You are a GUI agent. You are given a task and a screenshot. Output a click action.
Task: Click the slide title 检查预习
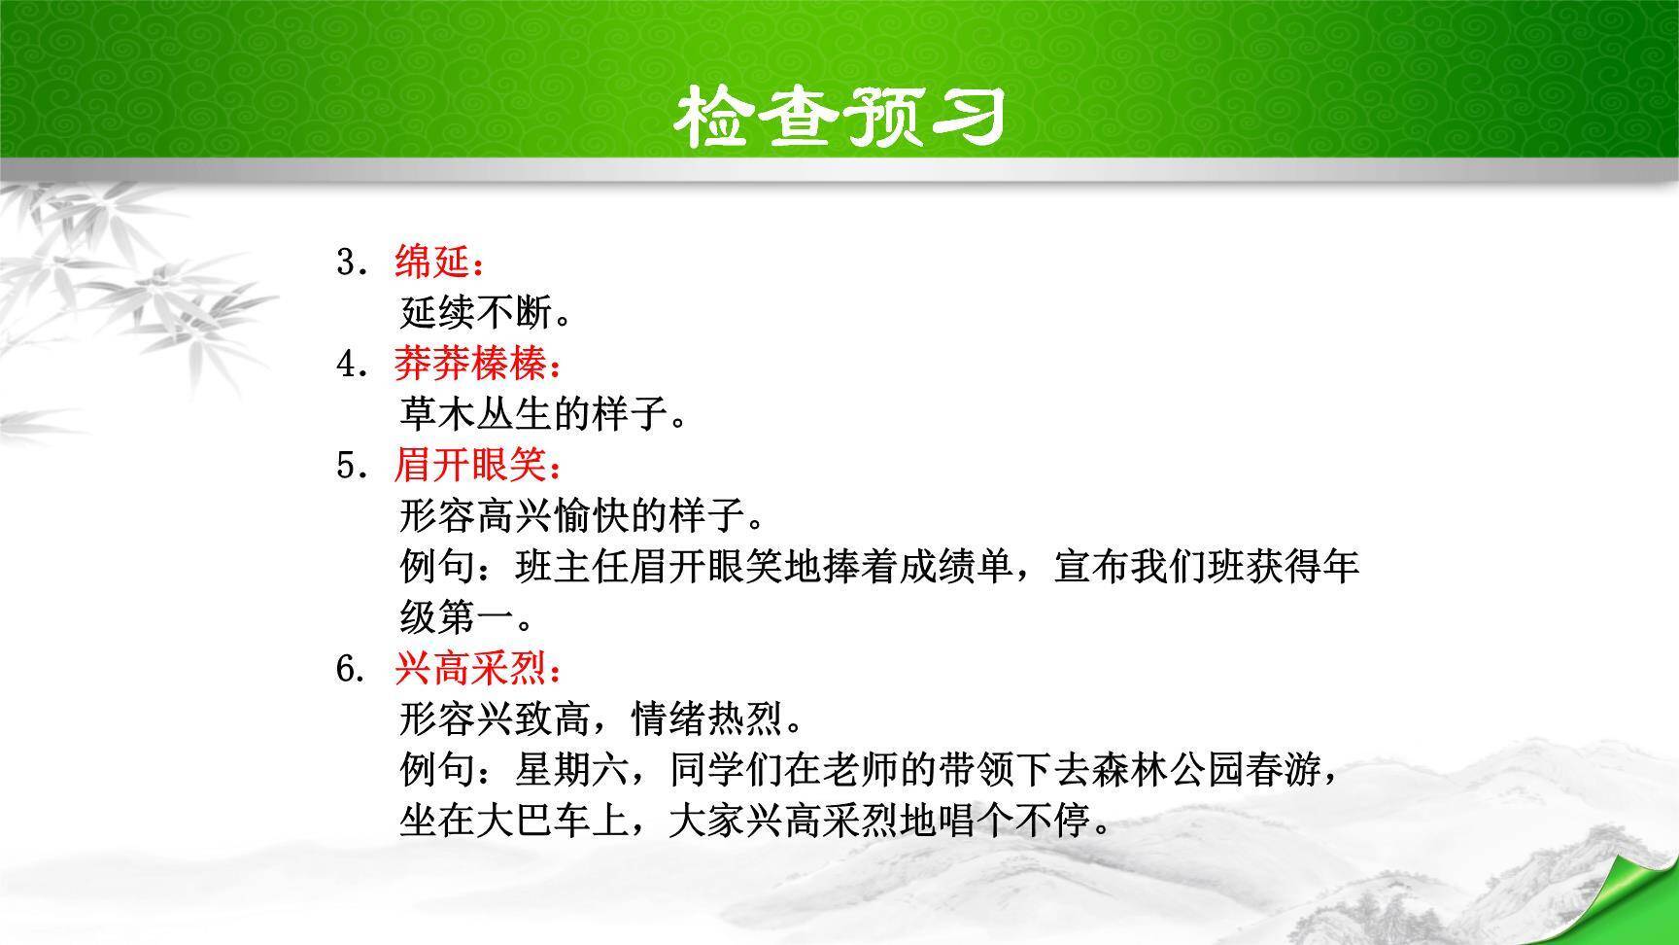click(839, 117)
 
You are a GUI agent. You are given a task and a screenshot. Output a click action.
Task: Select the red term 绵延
click(432, 262)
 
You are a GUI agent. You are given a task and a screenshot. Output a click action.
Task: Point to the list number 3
click(347, 262)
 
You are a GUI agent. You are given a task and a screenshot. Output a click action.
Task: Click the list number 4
click(347, 365)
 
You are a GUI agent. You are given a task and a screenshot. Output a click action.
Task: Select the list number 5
click(347, 467)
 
